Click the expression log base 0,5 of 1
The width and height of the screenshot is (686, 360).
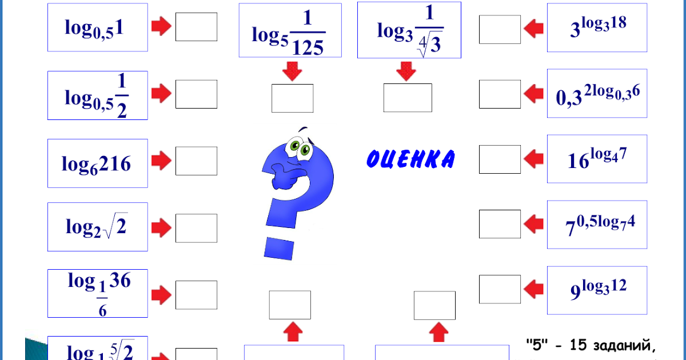97,27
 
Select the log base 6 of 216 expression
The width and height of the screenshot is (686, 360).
97,163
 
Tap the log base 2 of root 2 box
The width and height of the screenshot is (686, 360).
97,227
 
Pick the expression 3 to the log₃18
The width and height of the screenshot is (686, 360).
597,27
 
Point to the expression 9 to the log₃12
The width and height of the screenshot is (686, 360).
597,290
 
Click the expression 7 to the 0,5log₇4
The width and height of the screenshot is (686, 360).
597,225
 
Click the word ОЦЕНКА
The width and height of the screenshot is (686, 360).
410,159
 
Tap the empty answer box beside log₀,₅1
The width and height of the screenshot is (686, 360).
196,27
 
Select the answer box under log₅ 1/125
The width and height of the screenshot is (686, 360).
292,98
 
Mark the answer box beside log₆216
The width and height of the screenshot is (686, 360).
196,161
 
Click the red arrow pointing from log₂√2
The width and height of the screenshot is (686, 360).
161,227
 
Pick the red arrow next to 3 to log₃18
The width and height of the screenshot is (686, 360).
533,27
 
